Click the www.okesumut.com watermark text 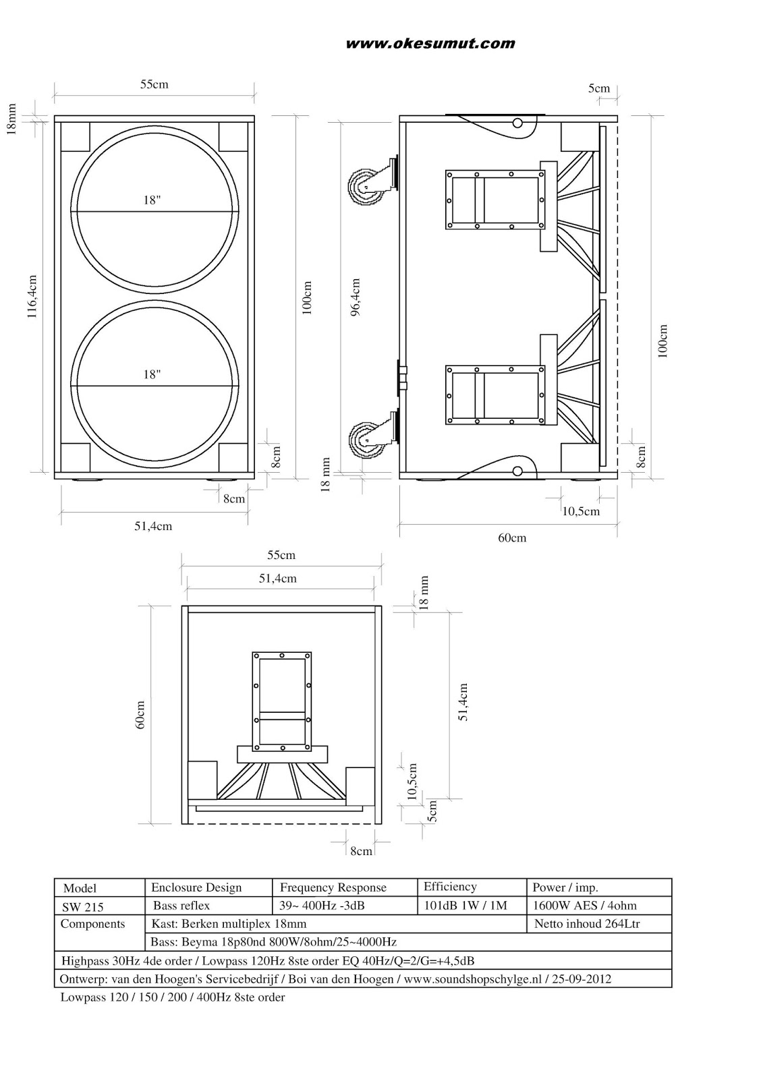pyautogui.click(x=430, y=44)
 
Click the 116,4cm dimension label pyautogui.click(x=32, y=297)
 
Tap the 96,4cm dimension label pyautogui.click(x=356, y=297)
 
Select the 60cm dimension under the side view pyautogui.click(x=512, y=537)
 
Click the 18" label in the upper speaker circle pyautogui.click(x=152, y=200)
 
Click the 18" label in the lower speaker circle pyautogui.click(x=152, y=374)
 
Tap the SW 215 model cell pyautogui.click(x=82, y=907)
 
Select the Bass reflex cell pyautogui.click(x=181, y=906)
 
